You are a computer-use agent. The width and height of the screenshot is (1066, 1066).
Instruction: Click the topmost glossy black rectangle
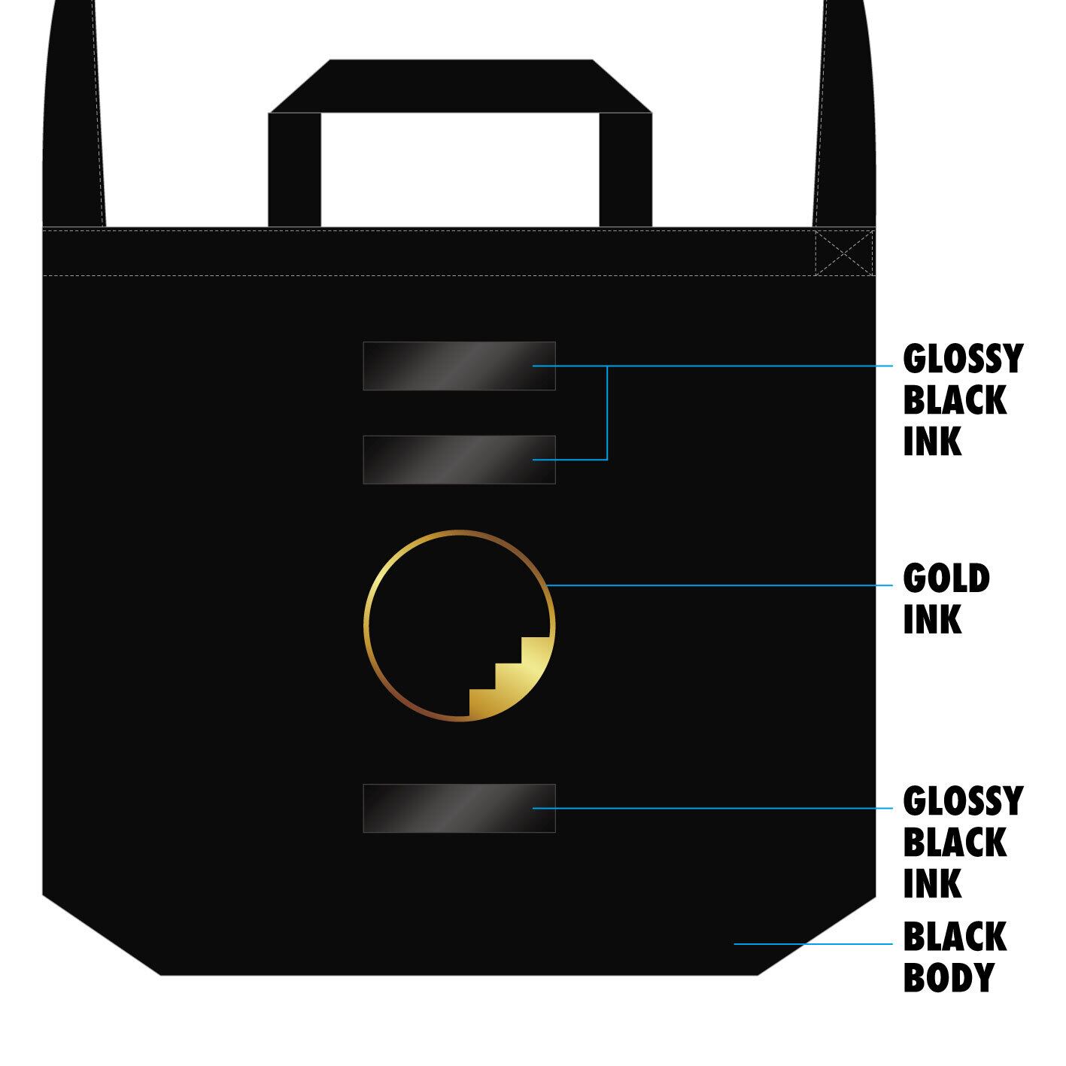pos(459,366)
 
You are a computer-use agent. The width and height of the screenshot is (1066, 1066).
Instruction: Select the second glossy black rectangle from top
pos(459,460)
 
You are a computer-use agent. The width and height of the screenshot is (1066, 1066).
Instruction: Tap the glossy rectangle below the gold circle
pos(459,808)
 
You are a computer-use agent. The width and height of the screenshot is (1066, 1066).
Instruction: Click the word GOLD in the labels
pos(946,579)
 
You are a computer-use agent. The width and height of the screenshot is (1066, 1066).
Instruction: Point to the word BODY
pos(948,977)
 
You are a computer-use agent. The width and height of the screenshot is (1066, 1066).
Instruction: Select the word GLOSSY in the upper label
pos(962,359)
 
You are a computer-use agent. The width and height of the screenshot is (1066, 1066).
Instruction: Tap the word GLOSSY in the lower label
pos(962,801)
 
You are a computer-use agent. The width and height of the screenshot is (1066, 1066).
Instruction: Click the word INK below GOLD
pos(932,620)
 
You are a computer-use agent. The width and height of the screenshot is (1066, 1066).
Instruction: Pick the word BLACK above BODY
pos(954,937)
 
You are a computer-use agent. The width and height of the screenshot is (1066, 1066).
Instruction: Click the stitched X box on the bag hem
pos(844,253)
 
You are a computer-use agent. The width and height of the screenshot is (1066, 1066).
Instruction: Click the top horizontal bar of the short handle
pos(460,86)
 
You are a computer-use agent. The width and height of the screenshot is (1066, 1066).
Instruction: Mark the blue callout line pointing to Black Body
pos(812,943)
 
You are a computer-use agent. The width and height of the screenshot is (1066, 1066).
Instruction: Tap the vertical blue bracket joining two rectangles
pos(606,413)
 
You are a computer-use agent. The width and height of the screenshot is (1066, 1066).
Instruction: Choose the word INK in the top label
pos(932,441)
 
